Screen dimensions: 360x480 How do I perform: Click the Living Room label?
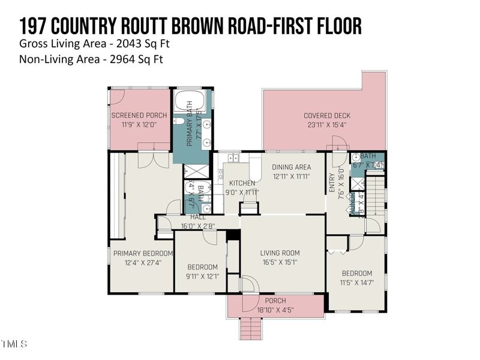click(280, 253)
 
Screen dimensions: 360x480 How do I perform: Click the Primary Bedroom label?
click(143, 253)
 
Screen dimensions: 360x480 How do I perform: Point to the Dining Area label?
click(291, 167)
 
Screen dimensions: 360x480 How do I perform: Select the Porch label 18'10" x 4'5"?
click(278, 310)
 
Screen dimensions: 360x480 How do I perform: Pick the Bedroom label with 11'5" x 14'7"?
click(357, 273)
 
